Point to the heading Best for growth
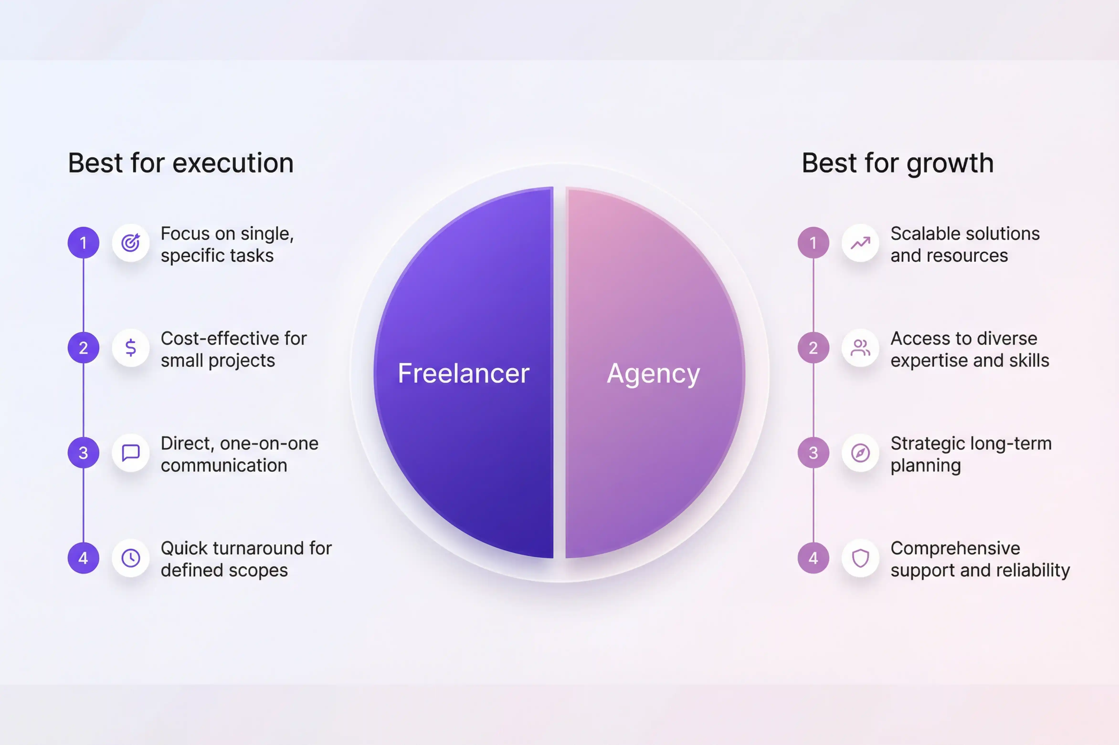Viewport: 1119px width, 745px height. click(897, 163)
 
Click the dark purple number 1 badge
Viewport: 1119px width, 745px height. click(83, 243)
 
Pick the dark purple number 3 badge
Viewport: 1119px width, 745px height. click(83, 453)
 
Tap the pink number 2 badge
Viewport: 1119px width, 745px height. click(813, 348)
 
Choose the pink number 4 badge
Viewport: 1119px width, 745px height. click(813, 558)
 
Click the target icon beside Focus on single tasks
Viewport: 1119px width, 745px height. click(131, 243)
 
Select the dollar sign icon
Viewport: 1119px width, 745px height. click(131, 348)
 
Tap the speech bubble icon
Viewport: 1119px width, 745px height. click(131, 453)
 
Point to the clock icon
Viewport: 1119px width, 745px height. click(131, 558)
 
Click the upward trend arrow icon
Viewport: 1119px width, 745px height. click(860, 243)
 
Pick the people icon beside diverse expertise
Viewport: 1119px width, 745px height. click(860, 348)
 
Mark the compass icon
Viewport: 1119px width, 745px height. click(860, 453)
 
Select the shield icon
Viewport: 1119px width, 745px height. click(860, 558)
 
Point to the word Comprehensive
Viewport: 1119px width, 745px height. click(955, 548)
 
